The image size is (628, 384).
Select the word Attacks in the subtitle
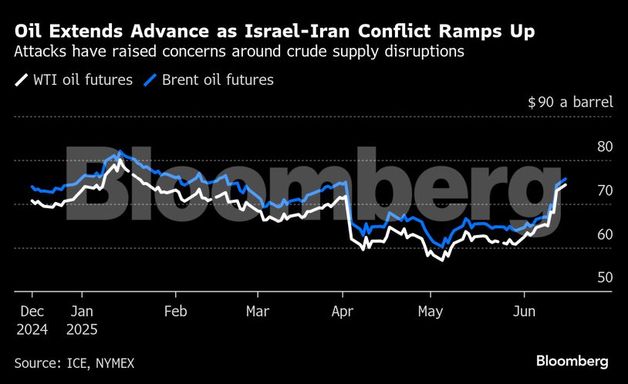[x=40, y=52]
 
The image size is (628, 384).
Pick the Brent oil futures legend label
[x=218, y=79]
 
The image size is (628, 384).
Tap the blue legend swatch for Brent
[x=150, y=79]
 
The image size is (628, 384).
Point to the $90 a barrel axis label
[x=571, y=102]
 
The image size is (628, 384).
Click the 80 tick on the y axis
[x=604, y=147]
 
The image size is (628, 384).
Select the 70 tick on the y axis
[x=604, y=190]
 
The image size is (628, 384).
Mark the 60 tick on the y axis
[x=604, y=234]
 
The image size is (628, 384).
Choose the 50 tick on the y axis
[x=604, y=278]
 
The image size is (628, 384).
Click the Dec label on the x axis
[x=30, y=312]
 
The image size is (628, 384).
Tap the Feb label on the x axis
[x=176, y=312]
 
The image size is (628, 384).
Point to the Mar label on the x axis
[x=257, y=312]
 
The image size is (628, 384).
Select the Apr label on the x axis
[x=343, y=312]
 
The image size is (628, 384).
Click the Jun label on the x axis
[x=525, y=312]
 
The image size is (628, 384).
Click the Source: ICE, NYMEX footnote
[x=68, y=362]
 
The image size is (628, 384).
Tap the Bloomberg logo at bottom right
[x=572, y=361]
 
